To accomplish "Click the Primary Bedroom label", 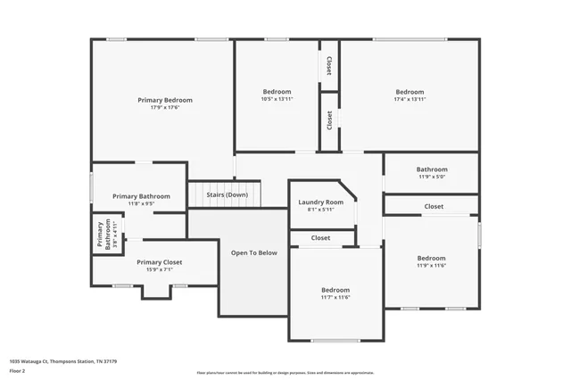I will [164, 100].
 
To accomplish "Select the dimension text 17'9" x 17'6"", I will [164, 108].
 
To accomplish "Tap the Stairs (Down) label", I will [227, 194].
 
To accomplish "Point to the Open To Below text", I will [254, 252].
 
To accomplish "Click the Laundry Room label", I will [320, 202].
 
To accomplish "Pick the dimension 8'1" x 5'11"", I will [320, 210].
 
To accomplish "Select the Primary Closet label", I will [159, 262].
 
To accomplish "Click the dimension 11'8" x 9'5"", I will [141, 203].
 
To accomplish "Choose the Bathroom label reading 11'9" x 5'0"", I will [432, 169].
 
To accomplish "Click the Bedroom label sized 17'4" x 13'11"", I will [410, 92].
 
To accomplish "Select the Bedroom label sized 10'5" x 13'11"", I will [277, 92].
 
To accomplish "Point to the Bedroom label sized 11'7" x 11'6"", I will [335, 290].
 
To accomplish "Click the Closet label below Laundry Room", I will [320, 238].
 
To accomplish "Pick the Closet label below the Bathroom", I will [434, 206].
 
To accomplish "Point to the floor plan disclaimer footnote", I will [285, 372].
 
